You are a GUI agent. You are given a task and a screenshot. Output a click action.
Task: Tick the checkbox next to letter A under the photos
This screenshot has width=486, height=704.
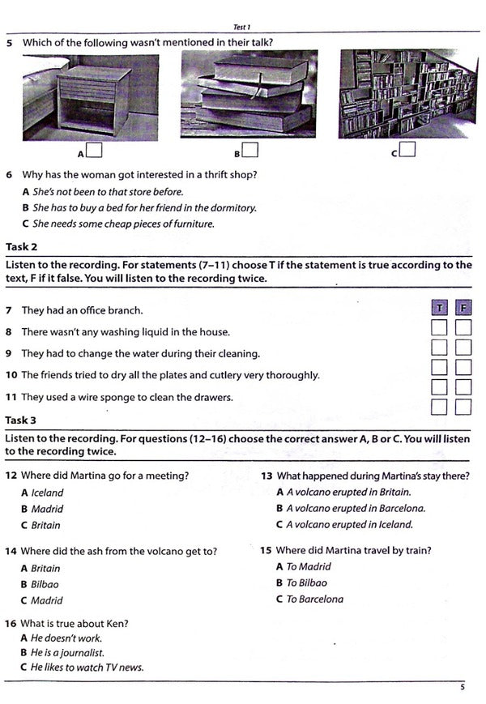point(94,151)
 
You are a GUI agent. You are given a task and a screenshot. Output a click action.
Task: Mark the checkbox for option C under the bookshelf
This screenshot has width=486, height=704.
point(407,149)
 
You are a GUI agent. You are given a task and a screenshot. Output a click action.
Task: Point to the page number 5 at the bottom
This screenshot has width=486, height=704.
point(462,688)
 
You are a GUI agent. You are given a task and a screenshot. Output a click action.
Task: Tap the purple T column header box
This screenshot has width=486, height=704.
point(439,308)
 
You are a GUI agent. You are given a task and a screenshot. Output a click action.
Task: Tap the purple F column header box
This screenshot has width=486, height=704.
point(463,308)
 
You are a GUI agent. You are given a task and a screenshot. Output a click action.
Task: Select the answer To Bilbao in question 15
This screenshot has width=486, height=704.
point(306,583)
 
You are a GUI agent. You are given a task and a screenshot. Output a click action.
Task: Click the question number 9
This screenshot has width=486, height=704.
point(9,354)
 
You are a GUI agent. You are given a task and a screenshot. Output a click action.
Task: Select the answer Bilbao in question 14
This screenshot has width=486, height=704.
point(45,584)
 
